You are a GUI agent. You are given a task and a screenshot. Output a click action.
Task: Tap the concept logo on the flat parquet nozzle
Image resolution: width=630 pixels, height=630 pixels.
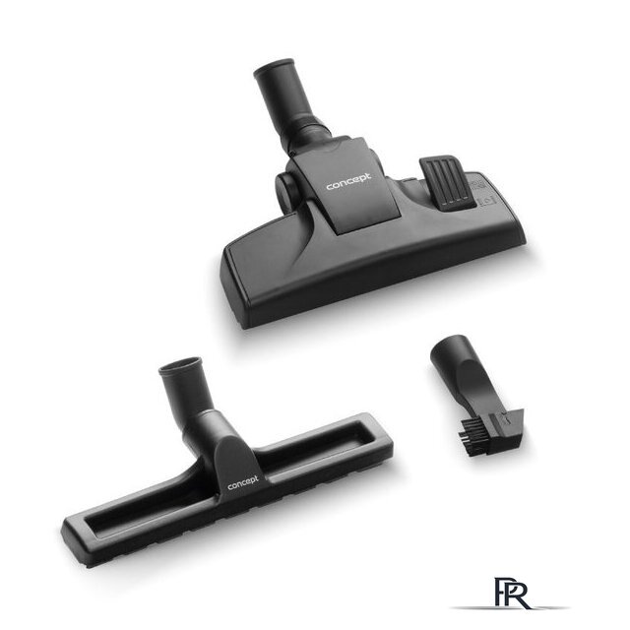[x=243, y=483]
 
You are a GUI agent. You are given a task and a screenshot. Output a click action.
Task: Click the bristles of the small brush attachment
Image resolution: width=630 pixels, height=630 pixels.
[x=470, y=435]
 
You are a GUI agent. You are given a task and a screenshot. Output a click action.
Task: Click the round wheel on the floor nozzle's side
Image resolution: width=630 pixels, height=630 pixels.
[x=283, y=190]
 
